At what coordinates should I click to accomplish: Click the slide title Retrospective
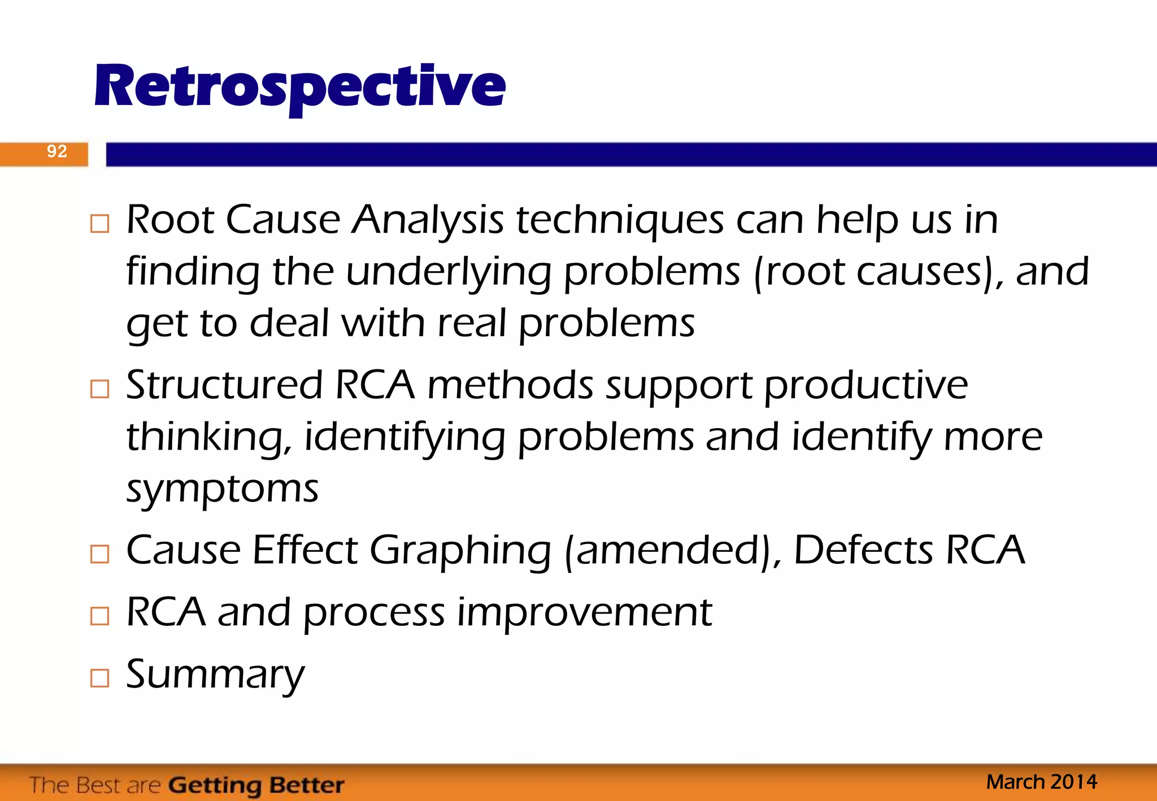coord(299,87)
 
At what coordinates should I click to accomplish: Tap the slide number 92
coord(56,151)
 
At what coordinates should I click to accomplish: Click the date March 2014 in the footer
coord(1041,782)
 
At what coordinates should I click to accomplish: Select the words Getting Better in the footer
coord(256,785)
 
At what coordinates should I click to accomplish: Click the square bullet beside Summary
coord(99,677)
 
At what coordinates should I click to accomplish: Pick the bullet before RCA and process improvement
coord(99,615)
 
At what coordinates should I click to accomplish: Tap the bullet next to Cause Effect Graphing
coord(99,554)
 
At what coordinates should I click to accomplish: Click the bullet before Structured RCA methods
coord(99,389)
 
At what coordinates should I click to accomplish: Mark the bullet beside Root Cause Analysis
coord(99,224)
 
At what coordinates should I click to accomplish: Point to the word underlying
coord(448,272)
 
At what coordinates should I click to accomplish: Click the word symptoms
coord(222,489)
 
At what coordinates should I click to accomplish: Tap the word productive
coord(865,385)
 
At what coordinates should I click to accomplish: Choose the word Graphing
coord(460,551)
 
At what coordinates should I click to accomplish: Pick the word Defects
coord(863,550)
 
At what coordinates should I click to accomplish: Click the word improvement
coord(584,612)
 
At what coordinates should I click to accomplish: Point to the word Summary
coord(215,675)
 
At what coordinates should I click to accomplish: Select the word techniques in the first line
coord(619,220)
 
